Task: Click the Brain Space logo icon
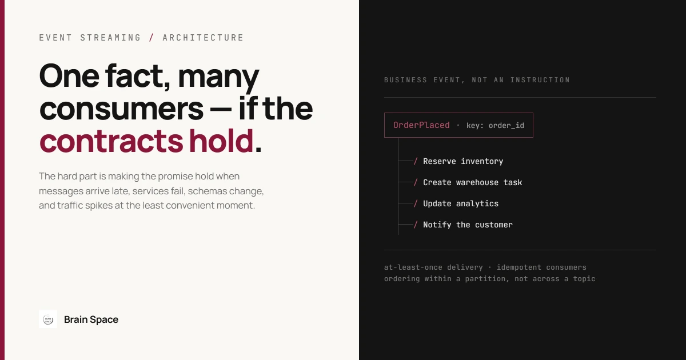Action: pos(48,319)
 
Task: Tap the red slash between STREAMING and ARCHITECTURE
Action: pos(151,38)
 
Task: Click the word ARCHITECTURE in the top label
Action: pos(203,38)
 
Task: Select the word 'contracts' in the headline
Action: pos(111,141)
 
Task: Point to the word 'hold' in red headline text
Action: pos(221,140)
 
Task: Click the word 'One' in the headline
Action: pos(69,75)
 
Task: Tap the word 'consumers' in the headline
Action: pos(122,109)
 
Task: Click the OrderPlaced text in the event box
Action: pos(421,125)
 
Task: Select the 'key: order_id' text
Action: pos(495,126)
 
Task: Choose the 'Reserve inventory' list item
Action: pos(462,161)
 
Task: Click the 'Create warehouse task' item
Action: pos(472,182)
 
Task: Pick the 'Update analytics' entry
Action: pos(461,203)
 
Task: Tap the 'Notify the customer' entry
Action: pos(468,225)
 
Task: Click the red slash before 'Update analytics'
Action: pos(416,203)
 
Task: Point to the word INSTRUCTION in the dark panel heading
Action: pos(540,80)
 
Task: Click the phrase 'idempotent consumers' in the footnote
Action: pos(541,267)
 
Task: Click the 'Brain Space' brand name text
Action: pos(91,319)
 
